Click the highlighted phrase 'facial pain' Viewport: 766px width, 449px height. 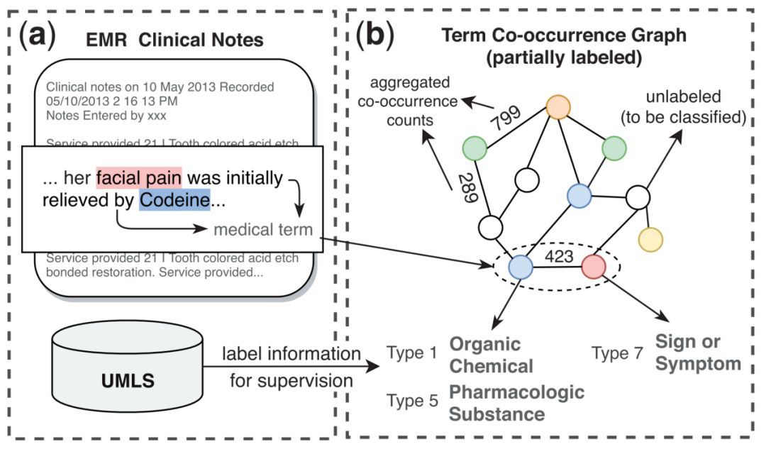140,177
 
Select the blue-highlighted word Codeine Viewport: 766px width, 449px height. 174,201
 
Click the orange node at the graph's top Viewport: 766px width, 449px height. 559,108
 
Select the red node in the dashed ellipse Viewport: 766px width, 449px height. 594,267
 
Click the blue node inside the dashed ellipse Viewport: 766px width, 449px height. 521,267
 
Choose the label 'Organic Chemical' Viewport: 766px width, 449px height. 491,355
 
